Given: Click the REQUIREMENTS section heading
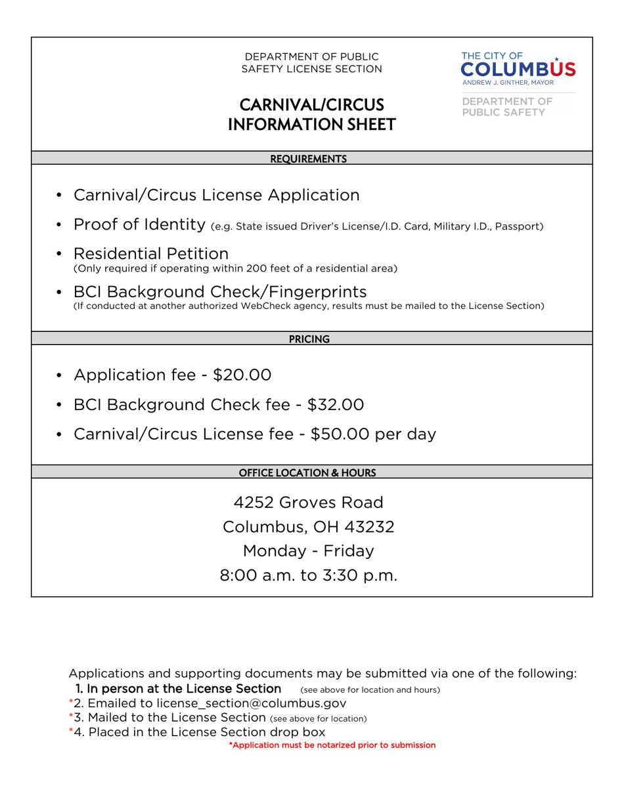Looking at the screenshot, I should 308,158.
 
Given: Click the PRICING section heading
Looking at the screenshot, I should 309,339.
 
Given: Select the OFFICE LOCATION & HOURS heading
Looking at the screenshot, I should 307,472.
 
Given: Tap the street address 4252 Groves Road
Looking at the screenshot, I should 308,503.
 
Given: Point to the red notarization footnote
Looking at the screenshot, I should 332,745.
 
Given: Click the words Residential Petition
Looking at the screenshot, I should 151,253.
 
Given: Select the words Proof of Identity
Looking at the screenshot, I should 139,225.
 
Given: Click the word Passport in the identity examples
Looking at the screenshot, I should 518,227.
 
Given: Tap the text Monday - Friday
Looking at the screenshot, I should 308,551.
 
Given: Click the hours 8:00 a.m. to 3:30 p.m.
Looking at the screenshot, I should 308,576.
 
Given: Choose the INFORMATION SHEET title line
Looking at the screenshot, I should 311,124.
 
